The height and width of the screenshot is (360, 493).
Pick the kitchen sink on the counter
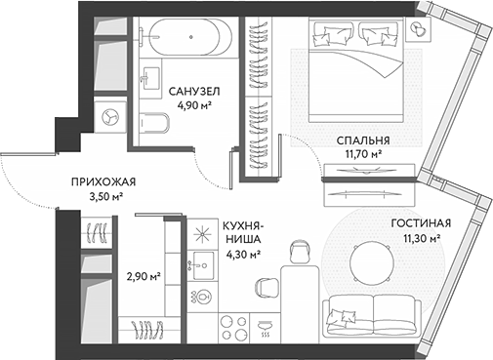203,262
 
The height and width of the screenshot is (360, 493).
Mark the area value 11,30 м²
420,236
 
